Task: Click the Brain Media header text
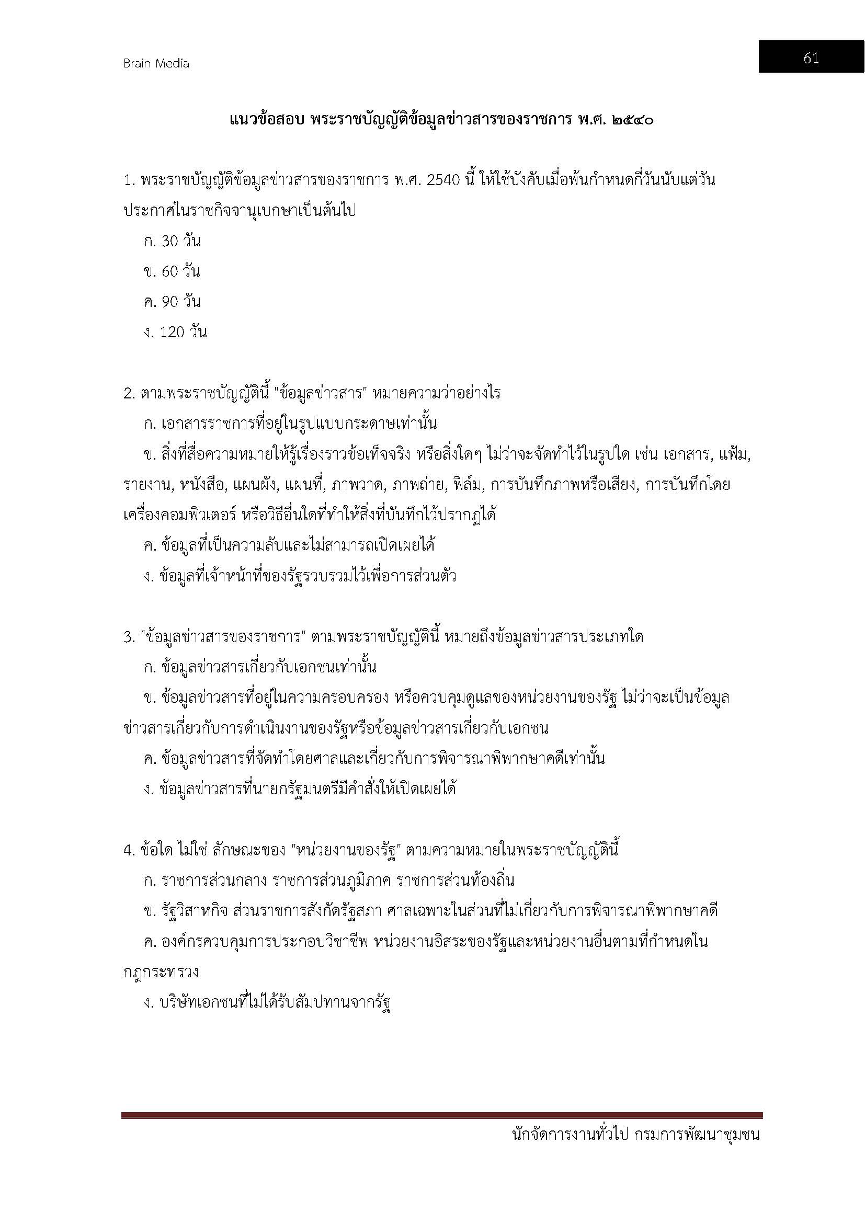coord(156,63)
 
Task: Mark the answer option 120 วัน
coord(176,333)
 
